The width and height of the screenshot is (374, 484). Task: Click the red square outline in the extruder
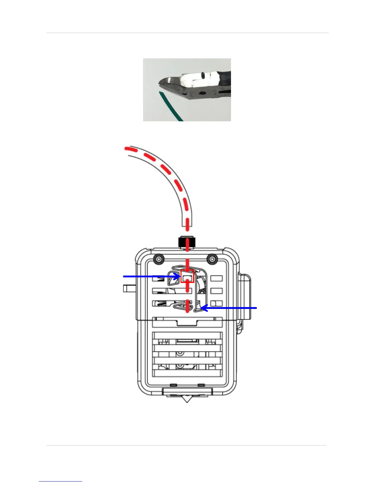pyautogui.click(x=187, y=277)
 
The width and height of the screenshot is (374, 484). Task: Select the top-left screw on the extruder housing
pyautogui.click(x=158, y=259)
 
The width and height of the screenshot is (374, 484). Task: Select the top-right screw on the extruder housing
pyautogui.click(x=211, y=259)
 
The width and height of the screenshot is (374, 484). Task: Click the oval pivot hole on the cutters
pyautogui.click(x=202, y=92)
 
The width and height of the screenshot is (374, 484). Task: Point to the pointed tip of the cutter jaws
pyautogui.click(x=159, y=83)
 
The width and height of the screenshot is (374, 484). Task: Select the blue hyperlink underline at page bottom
pyautogui.click(x=61, y=481)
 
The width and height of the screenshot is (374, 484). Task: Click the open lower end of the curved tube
pyautogui.click(x=187, y=225)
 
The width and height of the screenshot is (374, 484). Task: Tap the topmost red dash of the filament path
pyautogui.click(x=129, y=149)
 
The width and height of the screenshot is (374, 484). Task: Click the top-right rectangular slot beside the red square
pyautogui.click(x=216, y=278)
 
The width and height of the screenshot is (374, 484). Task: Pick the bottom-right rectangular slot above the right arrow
pyautogui.click(x=216, y=303)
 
